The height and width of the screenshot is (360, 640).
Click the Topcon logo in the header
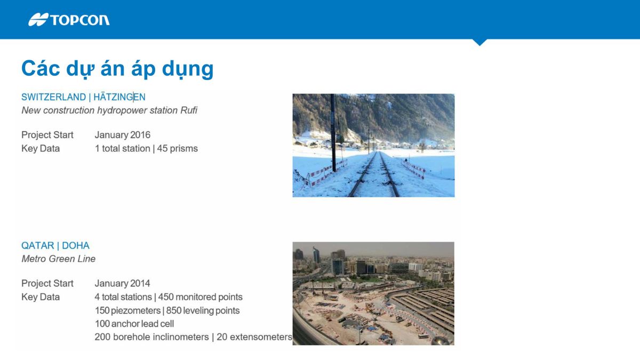click(69, 20)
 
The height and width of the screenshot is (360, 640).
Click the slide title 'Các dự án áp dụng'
click(117, 69)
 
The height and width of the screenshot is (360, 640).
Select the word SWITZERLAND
click(53, 97)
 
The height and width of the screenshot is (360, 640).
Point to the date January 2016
click(123, 135)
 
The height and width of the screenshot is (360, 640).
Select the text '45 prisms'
click(178, 149)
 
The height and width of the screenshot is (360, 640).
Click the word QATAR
click(37, 246)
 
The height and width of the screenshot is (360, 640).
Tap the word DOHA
click(76, 246)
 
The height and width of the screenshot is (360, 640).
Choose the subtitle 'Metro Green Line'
click(58, 259)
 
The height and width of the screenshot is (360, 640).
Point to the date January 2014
click(123, 283)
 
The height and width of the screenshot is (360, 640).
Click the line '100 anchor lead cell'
click(134, 324)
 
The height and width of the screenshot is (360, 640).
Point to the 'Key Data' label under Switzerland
click(41, 149)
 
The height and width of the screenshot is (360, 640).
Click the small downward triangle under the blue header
click(479, 42)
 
